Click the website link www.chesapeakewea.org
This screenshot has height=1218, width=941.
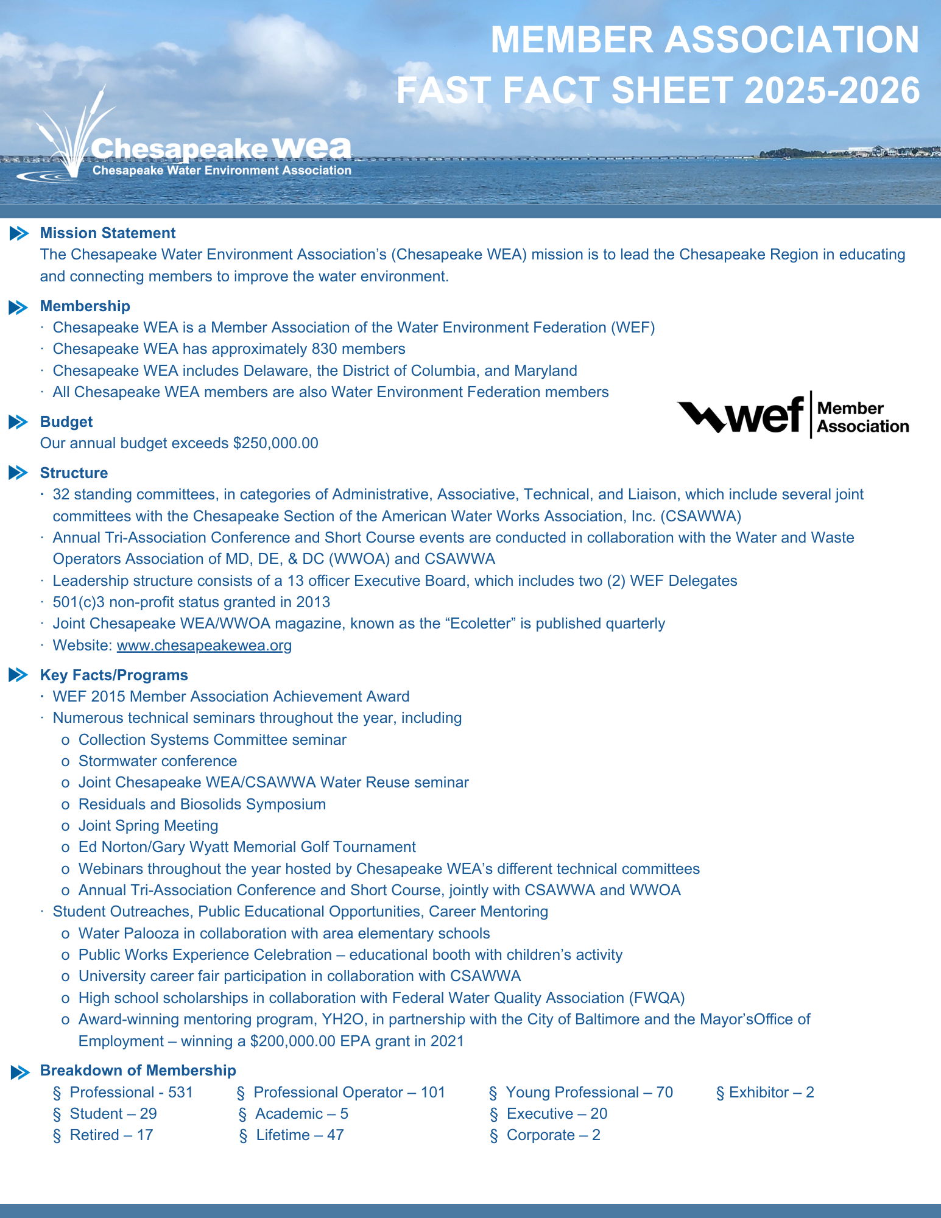[204, 645]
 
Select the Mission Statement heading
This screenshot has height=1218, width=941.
[108, 233]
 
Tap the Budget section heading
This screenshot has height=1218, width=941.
[66, 422]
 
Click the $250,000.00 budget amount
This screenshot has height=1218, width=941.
[275, 443]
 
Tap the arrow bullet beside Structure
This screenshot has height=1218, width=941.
[19, 473]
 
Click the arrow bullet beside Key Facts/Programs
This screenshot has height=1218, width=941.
[19, 675]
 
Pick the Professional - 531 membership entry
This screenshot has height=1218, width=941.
[131, 1092]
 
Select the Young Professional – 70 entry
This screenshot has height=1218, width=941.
[589, 1092]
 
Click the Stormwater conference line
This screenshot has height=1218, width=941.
[158, 761]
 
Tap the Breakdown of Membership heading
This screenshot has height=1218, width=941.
[138, 1071]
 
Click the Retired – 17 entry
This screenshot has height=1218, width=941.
[111, 1135]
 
